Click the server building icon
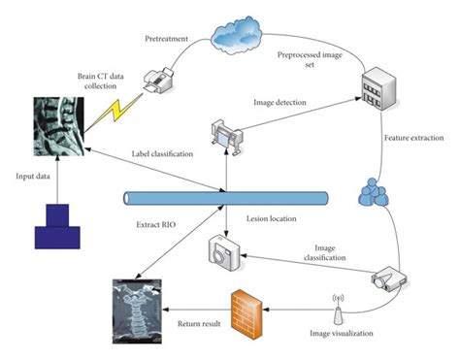coord(378,89)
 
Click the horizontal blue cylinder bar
coord(224,199)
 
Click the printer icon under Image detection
coord(225,133)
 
